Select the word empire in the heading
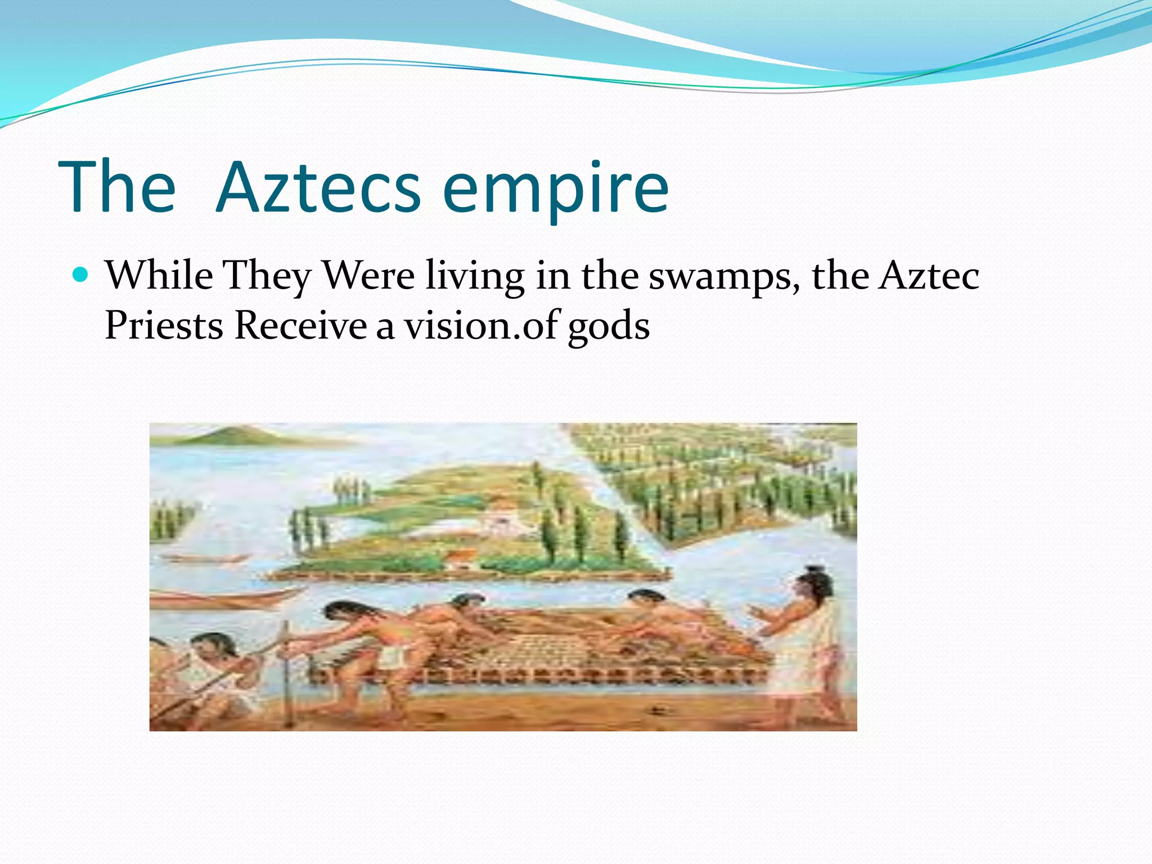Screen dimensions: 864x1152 point(555,188)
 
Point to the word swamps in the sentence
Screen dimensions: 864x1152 point(724,277)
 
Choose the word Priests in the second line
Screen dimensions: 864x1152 point(164,326)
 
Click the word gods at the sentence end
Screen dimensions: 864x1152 point(609,327)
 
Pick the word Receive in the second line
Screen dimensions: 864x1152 point(300,326)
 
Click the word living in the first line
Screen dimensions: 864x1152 point(475,277)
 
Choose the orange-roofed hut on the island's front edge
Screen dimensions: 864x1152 point(461,558)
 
